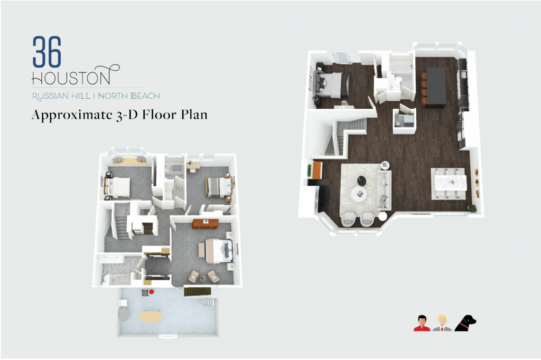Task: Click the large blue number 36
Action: coord(47,52)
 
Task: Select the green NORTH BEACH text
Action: coord(129,96)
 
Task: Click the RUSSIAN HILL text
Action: coord(61,96)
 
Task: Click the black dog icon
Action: coord(465,323)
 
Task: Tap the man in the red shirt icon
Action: coord(422,324)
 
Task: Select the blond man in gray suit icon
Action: coord(442,323)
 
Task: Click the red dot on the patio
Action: coord(151,292)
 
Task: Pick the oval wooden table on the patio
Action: coord(151,316)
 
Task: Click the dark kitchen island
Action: coord(436,87)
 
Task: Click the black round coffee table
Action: coord(361,181)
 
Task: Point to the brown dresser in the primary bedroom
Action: coord(206,223)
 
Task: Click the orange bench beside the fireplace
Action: coord(317,170)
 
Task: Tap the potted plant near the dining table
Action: coord(472,209)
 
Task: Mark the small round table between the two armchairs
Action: coord(383,216)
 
